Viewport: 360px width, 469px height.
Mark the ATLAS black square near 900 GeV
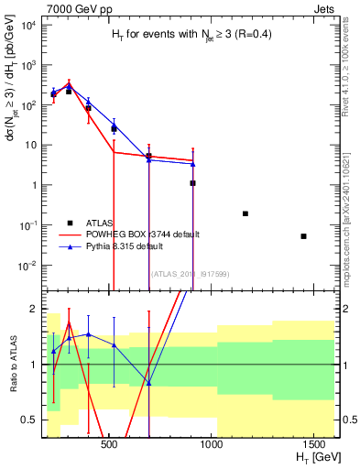tap(192, 183)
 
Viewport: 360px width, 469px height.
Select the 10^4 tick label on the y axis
tap(27, 25)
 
